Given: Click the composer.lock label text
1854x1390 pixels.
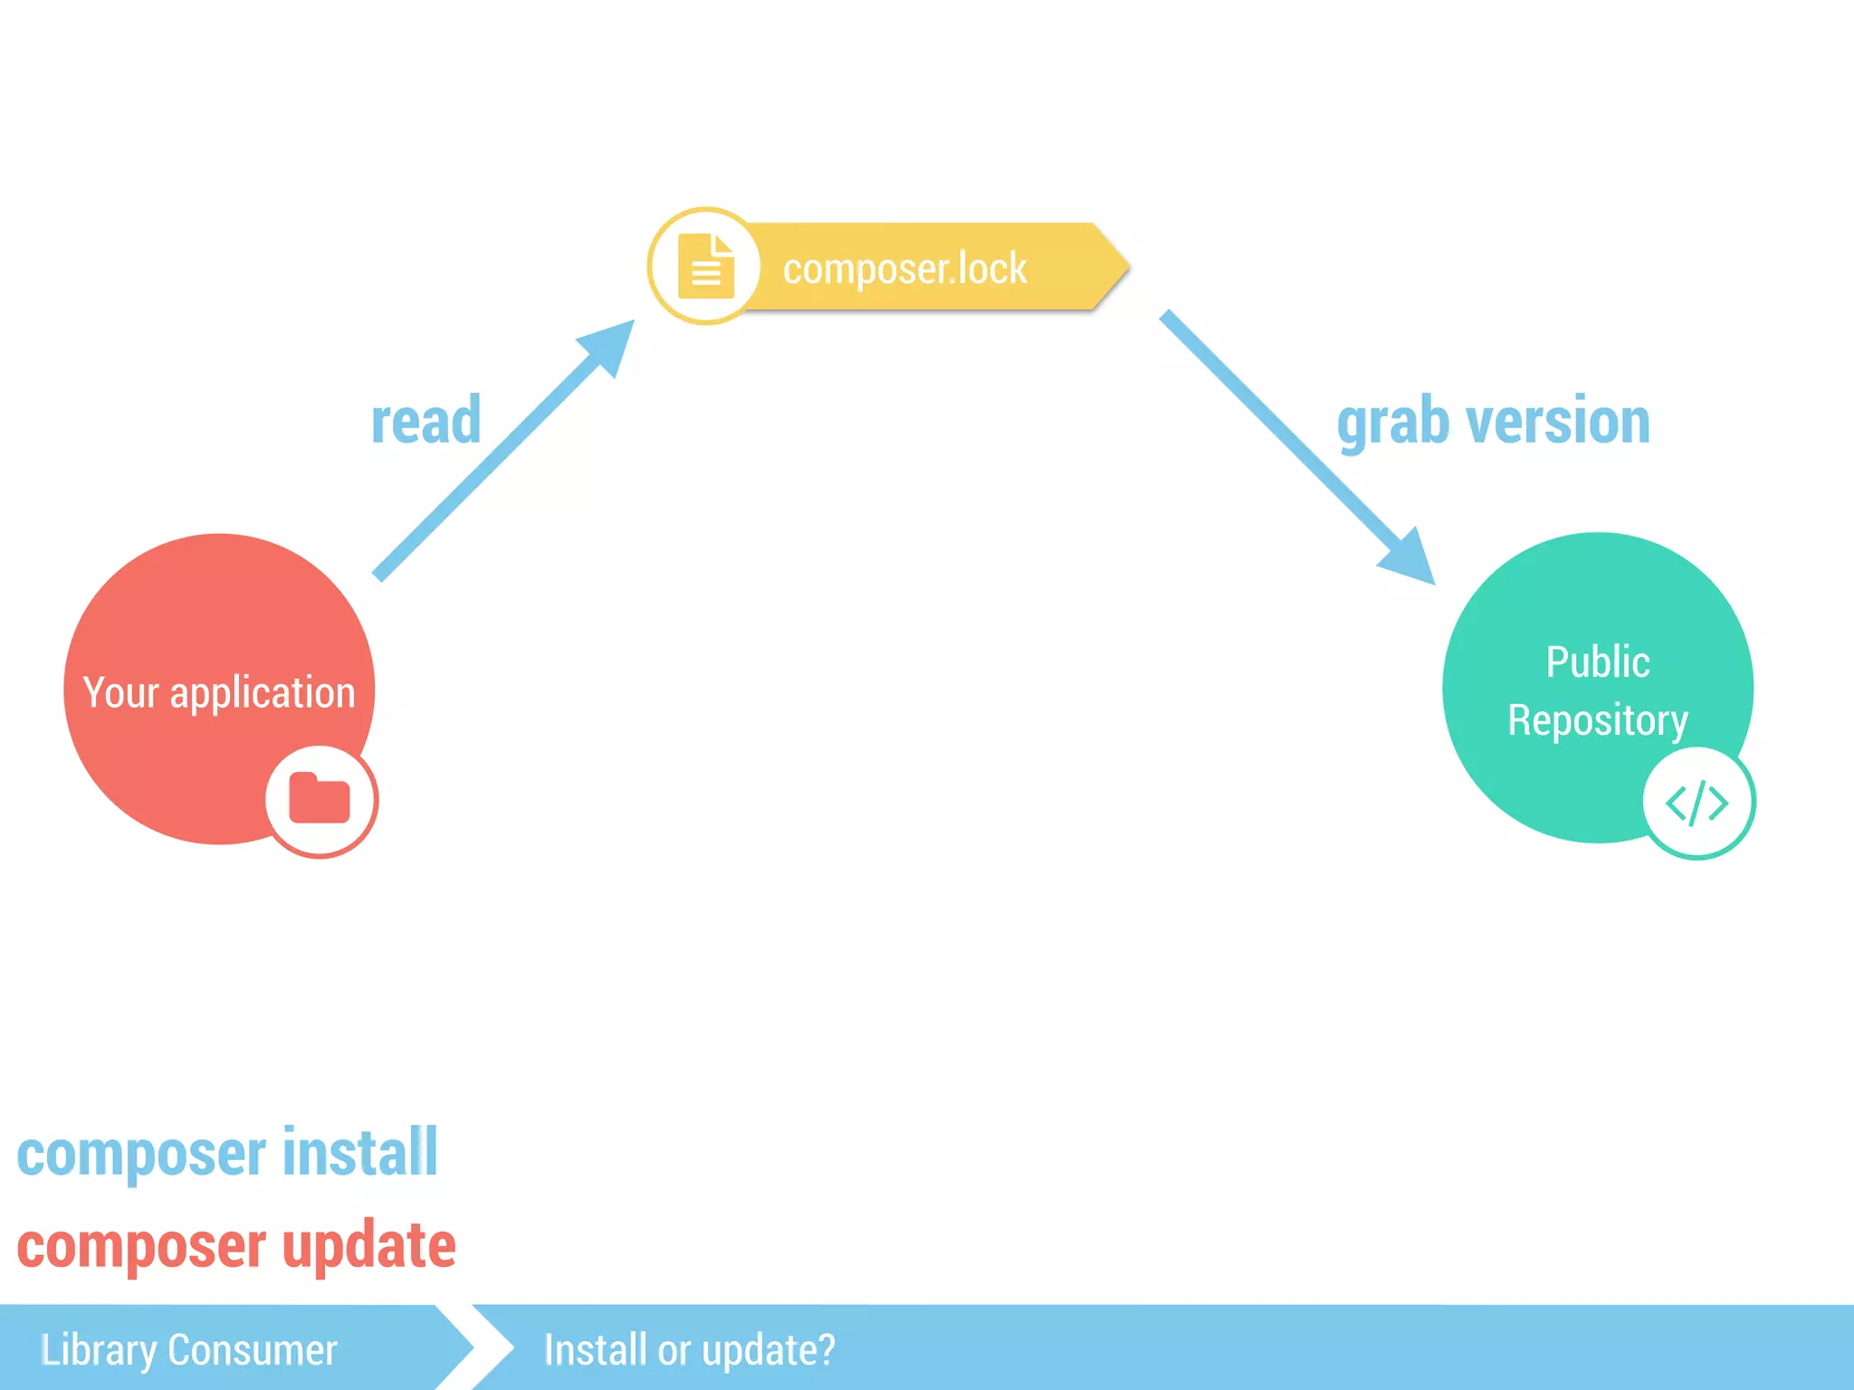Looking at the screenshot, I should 904,269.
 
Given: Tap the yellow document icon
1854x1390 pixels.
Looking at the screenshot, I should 705,266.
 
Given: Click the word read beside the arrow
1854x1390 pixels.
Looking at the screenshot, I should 425,421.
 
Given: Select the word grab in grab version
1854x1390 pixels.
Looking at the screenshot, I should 1393,423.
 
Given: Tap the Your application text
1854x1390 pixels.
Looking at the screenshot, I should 219,692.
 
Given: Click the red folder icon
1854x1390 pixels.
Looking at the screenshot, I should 320,799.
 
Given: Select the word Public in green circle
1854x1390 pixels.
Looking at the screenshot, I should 1598,662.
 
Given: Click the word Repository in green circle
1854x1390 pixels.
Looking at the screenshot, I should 1598,720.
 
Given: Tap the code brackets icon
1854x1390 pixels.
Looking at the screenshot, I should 1697,803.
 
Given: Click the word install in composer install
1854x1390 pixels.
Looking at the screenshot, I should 360,1153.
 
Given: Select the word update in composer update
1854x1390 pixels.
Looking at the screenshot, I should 368,1245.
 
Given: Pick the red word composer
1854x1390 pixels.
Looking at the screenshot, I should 141,1247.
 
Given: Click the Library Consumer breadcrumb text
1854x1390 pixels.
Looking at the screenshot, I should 189,1349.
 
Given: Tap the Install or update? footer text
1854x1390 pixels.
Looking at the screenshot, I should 689,1349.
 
